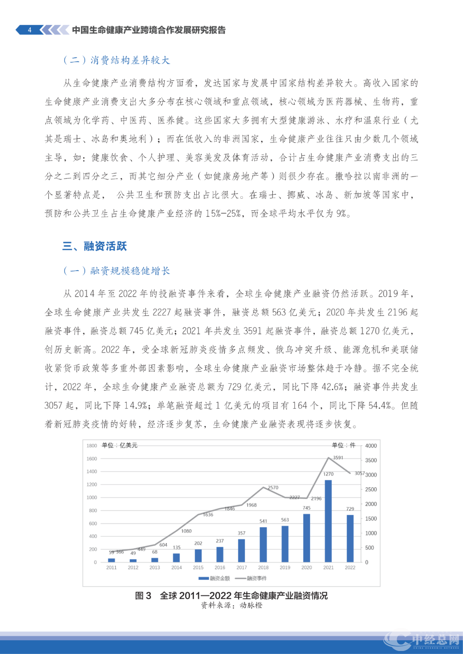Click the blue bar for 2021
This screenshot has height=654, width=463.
tap(328, 521)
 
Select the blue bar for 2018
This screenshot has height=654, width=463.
tap(263, 544)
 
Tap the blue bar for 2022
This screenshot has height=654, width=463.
tap(350, 538)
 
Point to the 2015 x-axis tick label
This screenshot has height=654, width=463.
tap(198, 567)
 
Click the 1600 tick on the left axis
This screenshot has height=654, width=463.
tap(92, 459)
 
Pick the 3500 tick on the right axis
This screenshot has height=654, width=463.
tap(371, 460)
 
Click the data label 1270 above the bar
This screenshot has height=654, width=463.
tap(328, 474)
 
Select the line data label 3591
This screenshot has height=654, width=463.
tap(338, 457)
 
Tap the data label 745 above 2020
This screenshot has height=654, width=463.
tap(307, 508)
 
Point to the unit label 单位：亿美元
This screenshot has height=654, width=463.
tap(120, 445)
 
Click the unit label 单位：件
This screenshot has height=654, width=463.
tap(344, 445)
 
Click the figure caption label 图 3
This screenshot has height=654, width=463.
tap(143, 596)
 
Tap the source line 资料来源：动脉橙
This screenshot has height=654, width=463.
tap(231, 605)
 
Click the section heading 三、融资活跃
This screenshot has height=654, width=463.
tap(95, 246)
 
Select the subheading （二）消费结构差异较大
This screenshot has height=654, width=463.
tap(117, 60)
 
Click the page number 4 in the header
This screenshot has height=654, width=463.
tap(30, 30)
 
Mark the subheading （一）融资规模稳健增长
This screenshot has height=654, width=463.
tap(117, 271)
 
